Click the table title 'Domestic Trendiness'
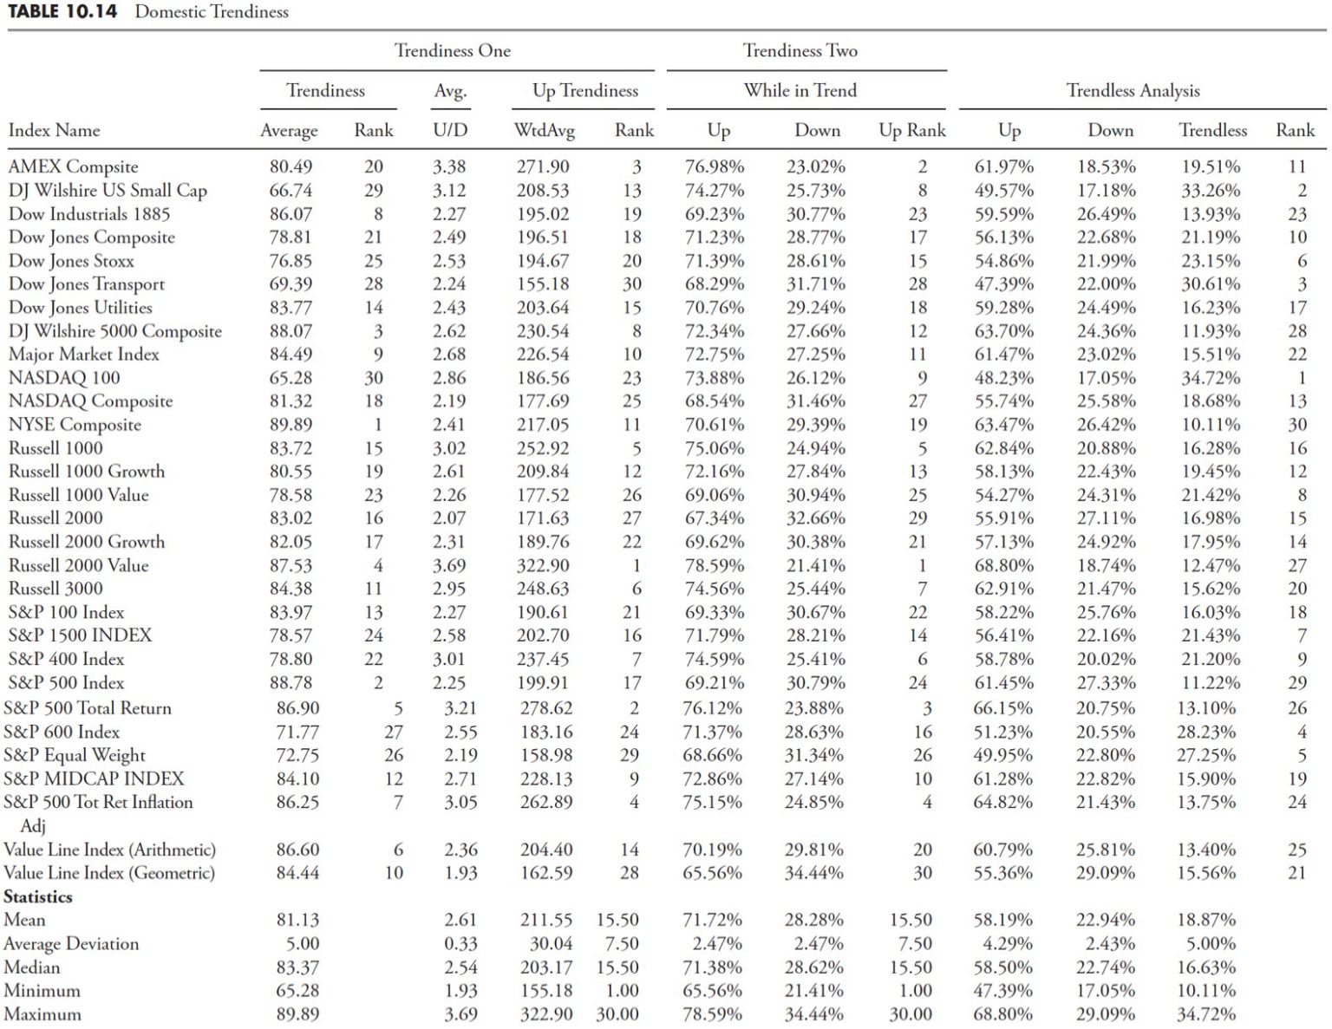pyautogui.click(x=212, y=12)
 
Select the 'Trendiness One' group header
pyautogui.click(x=453, y=51)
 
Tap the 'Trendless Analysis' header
pyautogui.click(x=1133, y=91)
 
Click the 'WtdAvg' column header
pyautogui.click(x=544, y=131)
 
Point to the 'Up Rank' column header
pyautogui.click(x=911, y=131)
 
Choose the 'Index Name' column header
pyautogui.click(x=54, y=131)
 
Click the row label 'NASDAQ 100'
pyautogui.click(x=64, y=378)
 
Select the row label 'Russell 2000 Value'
pyautogui.click(x=78, y=565)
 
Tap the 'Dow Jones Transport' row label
pyautogui.click(x=86, y=284)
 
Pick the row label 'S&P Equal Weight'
pyautogui.click(x=75, y=755)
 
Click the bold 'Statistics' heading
pyautogui.click(x=38, y=896)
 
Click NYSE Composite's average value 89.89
pyautogui.click(x=291, y=425)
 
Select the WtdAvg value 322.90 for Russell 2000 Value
pyautogui.click(x=543, y=565)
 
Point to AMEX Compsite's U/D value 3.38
pyautogui.click(x=449, y=166)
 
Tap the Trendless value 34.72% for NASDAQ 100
pyautogui.click(x=1211, y=378)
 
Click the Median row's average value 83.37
pyautogui.click(x=297, y=967)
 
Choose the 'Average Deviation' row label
pyautogui.click(x=71, y=944)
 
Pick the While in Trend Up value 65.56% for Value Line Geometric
pyautogui.click(x=712, y=873)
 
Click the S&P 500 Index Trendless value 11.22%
pyautogui.click(x=1211, y=683)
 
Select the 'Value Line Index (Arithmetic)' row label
pyautogui.click(x=109, y=850)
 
